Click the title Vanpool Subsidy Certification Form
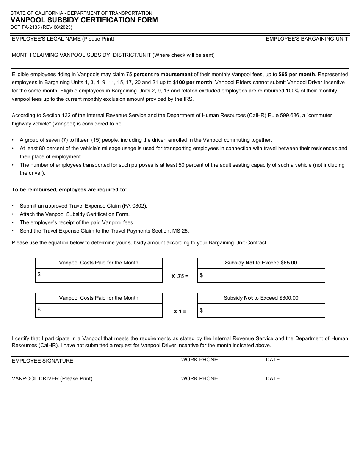[84, 20]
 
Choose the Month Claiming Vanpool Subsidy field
[61, 62]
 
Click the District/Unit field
[230, 62]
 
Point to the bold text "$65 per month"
[296, 74]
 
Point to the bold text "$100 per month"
[193, 83]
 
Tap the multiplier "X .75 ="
[180, 276]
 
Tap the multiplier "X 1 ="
[180, 311]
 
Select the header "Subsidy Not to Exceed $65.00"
[261, 263]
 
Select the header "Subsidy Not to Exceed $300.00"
[261, 298]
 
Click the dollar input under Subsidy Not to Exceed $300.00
[263, 311]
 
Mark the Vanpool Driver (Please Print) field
[95, 386]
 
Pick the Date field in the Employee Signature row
[307, 367]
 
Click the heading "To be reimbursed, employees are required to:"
[69, 189]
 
